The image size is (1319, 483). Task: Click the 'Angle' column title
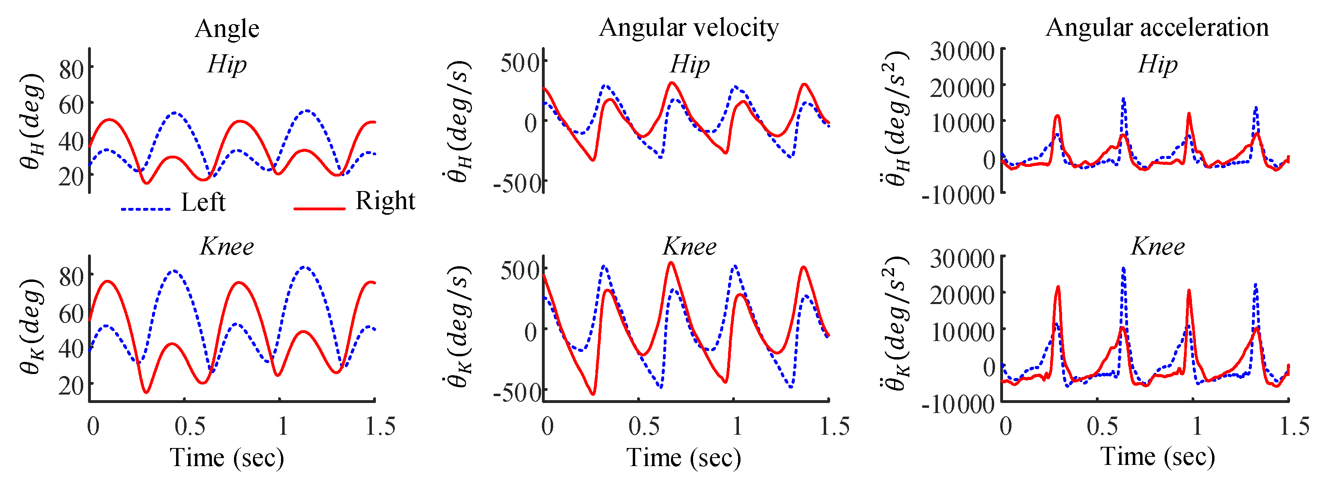point(227,28)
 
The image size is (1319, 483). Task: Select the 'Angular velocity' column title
point(689,27)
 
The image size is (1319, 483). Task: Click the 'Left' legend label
point(203,202)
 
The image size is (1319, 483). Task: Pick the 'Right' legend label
point(385,201)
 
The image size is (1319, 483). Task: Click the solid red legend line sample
point(319,208)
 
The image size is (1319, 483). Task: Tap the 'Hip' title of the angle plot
point(227,64)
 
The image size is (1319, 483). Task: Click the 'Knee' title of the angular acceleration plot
point(1157,247)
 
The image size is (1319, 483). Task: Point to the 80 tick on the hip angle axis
point(72,69)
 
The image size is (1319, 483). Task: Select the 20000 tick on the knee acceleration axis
point(962,294)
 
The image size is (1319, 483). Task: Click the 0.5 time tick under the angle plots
point(189,427)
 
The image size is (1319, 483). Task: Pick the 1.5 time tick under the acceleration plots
point(1294,427)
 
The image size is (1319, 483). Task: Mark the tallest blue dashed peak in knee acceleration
point(1123,268)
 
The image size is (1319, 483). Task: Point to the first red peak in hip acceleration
point(1057,117)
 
